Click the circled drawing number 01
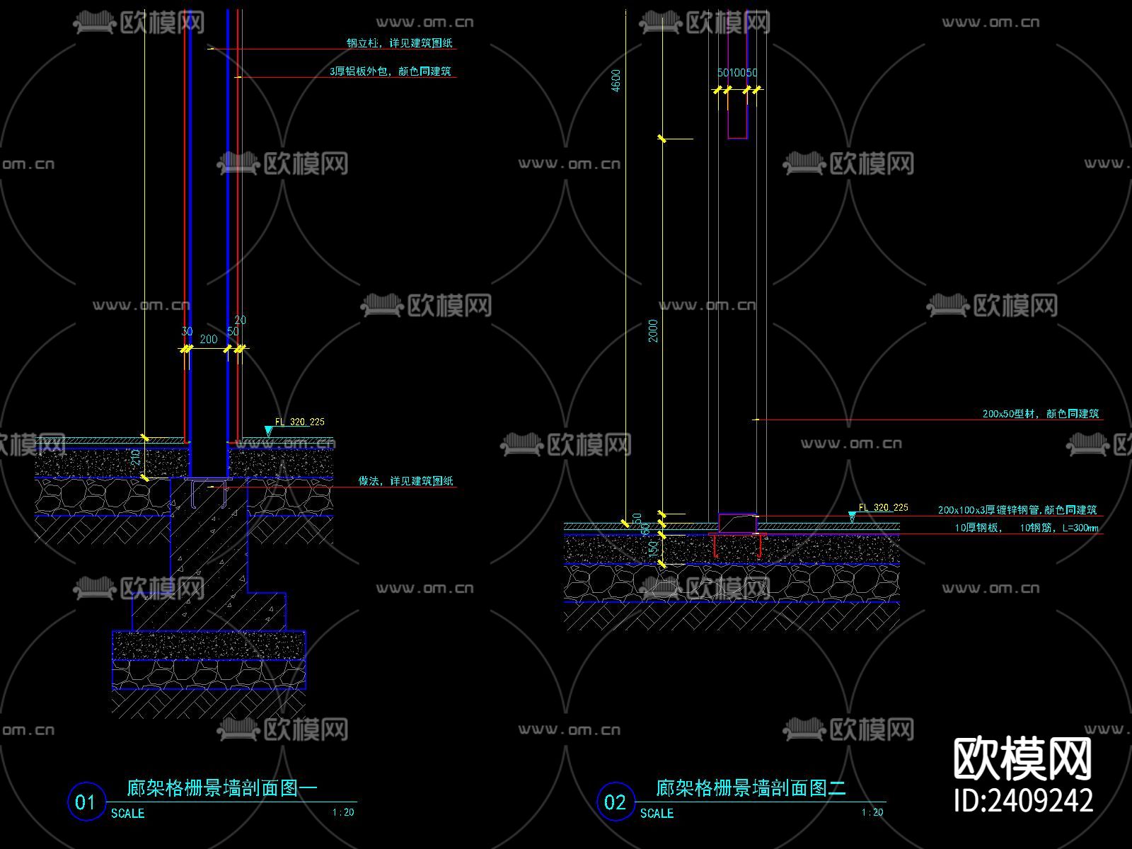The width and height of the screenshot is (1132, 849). pos(86,802)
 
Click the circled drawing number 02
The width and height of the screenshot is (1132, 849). pos(615,802)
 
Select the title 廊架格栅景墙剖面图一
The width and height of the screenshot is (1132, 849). pos(222,787)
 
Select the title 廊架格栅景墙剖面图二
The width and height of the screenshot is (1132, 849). pos(751,787)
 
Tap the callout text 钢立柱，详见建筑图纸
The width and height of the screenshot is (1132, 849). pos(399,43)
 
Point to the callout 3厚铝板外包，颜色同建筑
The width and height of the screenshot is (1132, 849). pos(390,71)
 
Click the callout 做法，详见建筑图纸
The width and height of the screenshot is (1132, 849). pos(405,481)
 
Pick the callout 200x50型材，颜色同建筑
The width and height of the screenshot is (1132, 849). pos(1040,414)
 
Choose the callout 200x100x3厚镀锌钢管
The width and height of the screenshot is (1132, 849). pos(1017,510)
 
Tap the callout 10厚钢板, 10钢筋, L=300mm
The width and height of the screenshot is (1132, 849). pos(1026,528)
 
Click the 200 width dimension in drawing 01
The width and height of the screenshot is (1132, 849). pos(209,340)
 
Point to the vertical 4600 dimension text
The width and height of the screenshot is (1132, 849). pos(616,80)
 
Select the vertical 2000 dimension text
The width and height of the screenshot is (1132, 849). pos(653,330)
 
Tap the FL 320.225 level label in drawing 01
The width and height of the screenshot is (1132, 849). pos(299,422)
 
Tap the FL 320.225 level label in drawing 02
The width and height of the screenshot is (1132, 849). pos(883,507)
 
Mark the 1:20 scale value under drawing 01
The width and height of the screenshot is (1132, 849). pos(343,812)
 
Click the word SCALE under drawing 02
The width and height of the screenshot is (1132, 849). pos(657,814)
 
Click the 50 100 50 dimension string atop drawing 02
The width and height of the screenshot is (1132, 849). pos(737,73)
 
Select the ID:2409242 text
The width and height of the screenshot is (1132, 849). pos(1023,800)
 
